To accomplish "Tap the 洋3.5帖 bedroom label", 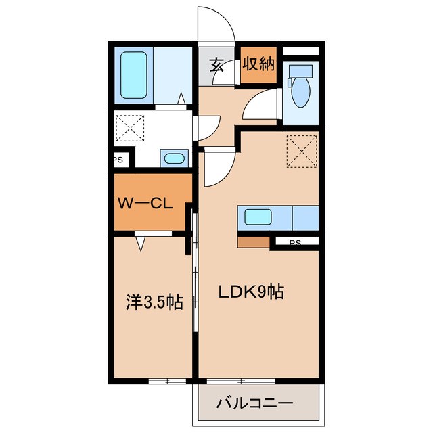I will (x=155, y=302).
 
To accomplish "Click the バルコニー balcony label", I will (x=254, y=404).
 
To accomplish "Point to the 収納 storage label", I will (x=258, y=64).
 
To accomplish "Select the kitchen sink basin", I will (x=258, y=218).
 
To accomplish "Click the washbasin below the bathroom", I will (x=174, y=160).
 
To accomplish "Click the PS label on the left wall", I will (x=118, y=160).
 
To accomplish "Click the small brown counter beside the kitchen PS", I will (x=253, y=242).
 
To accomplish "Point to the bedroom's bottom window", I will (x=166, y=382).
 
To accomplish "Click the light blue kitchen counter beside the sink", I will (x=304, y=218).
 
